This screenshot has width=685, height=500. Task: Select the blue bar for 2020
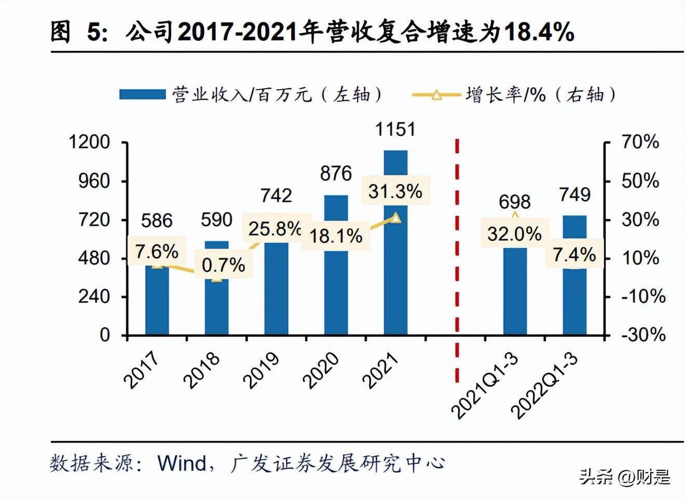[x=336, y=290]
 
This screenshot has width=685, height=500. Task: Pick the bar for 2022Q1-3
[x=574, y=301]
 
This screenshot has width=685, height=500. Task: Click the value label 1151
[x=395, y=129]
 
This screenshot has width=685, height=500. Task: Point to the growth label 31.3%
[x=395, y=191]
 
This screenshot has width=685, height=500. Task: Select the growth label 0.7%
[x=223, y=265]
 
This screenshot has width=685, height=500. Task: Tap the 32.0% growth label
[x=514, y=234]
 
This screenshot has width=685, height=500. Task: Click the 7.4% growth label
[x=574, y=255]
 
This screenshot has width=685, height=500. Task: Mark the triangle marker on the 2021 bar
[x=395, y=218]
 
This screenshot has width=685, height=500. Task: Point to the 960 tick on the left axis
[x=94, y=181]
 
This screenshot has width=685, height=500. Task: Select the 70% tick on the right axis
[x=640, y=142]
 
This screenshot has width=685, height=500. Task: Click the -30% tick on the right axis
[x=643, y=335]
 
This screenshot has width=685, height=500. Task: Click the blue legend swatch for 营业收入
[x=142, y=94]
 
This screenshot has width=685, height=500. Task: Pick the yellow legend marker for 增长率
[x=436, y=95]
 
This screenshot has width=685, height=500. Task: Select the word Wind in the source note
[x=182, y=463]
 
